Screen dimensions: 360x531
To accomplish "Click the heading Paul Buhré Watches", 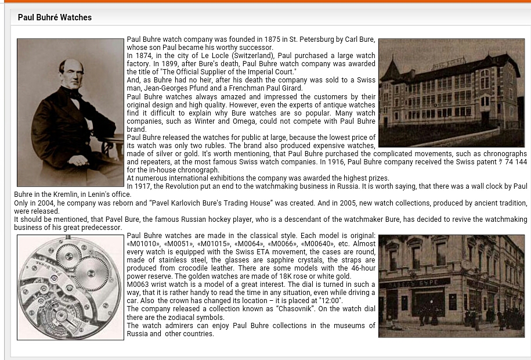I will (55, 17).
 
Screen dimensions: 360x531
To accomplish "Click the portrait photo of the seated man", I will (70, 113).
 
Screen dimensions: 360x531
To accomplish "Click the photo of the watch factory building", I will (451, 93).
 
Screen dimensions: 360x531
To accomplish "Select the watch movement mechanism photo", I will (70, 287).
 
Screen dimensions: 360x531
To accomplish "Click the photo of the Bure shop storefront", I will (451, 286).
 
